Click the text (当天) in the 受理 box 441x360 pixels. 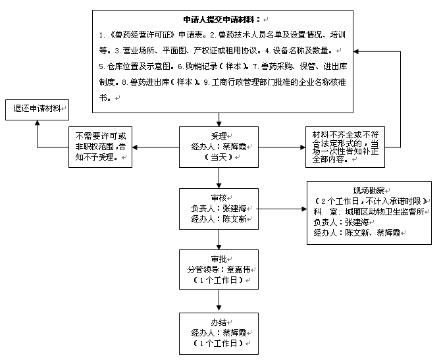tap(219, 158)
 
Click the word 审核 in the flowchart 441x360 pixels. tap(217, 197)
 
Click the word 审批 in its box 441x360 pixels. tap(217, 258)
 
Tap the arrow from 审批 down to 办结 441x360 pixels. tap(219, 301)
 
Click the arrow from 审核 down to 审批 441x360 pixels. tap(219, 240)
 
